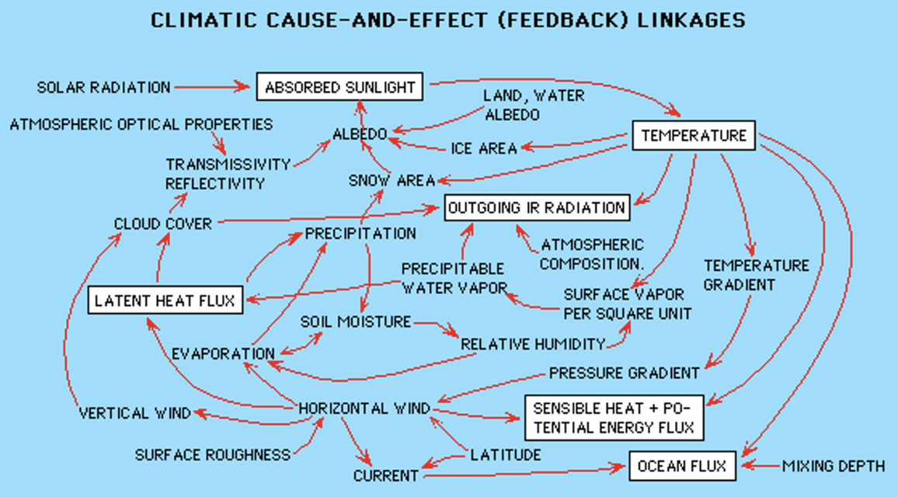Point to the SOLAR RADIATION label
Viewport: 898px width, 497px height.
[x=103, y=88]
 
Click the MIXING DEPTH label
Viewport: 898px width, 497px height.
[x=834, y=466]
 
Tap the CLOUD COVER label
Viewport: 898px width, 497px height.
[x=163, y=224]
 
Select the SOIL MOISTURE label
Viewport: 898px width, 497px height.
[x=356, y=321]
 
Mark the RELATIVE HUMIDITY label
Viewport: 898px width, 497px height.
[x=533, y=344]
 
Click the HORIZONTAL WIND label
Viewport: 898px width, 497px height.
[x=364, y=408]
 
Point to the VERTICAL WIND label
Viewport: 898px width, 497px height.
[x=134, y=413]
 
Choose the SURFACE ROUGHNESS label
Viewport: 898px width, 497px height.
[x=213, y=455]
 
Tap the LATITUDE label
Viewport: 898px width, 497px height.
[x=506, y=455]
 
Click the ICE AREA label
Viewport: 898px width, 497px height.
[x=484, y=149]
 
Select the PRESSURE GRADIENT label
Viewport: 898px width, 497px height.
[x=625, y=374]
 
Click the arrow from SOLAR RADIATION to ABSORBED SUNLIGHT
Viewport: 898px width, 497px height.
[x=212, y=87]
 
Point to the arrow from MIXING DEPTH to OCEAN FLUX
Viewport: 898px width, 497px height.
[x=760, y=466]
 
